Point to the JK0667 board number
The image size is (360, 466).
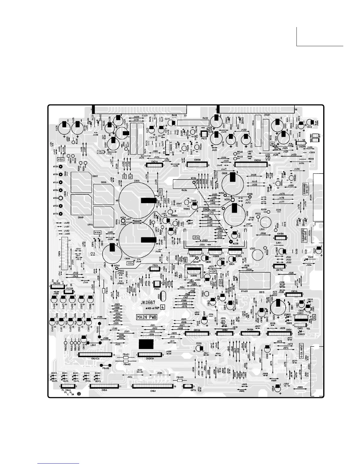[148, 302]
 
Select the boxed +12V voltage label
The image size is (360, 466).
[212, 271]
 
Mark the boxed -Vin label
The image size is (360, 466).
[196, 237]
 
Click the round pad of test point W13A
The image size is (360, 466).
[61, 167]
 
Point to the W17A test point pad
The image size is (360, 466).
[61, 214]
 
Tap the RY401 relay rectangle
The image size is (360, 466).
[255, 280]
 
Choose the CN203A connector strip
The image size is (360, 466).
[150, 355]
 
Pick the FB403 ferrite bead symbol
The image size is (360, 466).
[180, 381]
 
